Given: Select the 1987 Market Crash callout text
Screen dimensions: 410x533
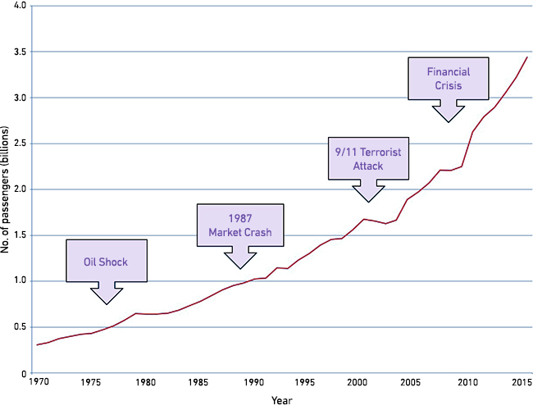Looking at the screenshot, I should (239, 225).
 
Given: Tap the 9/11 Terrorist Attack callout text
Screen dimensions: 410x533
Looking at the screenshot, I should (368, 158).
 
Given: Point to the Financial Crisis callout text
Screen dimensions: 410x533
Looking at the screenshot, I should (448, 78).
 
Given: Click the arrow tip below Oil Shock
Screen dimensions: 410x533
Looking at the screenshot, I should (107, 304).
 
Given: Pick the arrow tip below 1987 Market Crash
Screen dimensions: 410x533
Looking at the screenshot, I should (239, 268).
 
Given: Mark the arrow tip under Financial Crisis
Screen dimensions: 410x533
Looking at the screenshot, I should (448, 122).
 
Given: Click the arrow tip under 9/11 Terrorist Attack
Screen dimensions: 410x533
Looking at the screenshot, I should (368, 202).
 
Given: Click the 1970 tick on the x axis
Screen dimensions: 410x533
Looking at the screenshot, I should (38, 382).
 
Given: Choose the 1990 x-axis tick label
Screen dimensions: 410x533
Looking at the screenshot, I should (254, 382).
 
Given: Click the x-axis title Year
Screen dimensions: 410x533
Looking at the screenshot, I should (281, 401).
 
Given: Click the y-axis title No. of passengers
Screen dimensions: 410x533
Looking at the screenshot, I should (7, 189).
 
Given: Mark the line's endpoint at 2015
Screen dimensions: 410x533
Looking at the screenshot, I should (526, 57).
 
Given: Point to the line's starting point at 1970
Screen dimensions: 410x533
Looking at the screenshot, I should (37, 345).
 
